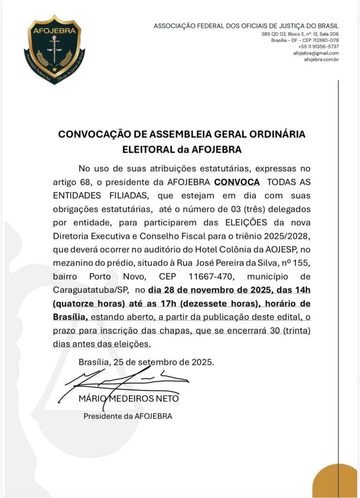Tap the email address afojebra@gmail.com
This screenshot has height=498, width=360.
[316, 53]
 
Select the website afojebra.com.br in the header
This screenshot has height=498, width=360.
[321, 59]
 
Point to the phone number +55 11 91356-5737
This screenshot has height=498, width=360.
[319, 47]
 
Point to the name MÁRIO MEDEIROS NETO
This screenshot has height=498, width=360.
[128, 399]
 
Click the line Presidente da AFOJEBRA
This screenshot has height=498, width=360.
[127, 416]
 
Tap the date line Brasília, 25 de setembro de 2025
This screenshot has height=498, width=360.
[146, 362]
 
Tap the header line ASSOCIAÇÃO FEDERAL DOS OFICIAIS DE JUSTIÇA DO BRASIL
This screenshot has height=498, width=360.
[246, 26]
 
